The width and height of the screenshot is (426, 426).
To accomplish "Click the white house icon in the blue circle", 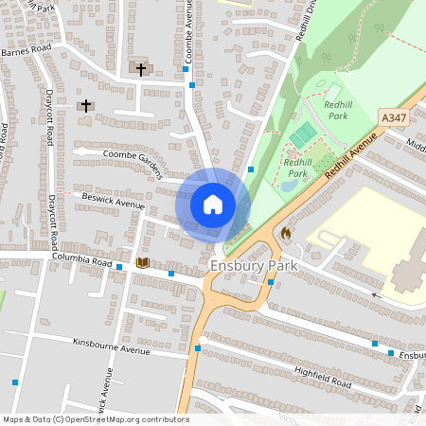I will pyautogui.click(x=213, y=204).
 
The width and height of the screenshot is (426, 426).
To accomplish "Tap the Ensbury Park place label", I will pyautogui.click(x=254, y=266).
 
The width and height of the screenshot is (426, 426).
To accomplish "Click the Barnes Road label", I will pyautogui.click(x=26, y=51).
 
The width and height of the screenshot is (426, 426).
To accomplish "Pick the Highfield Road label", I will pyautogui.click(x=322, y=379).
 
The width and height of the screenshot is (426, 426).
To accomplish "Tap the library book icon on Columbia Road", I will pyautogui.click(x=143, y=261).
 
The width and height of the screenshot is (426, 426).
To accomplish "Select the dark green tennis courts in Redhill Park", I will pyautogui.click(x=302, y=135).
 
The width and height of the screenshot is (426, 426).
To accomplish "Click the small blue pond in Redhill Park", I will pyautogui.click(x=288, y=186).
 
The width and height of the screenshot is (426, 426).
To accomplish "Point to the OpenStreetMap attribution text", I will pyautogui.click(x=96, y=419).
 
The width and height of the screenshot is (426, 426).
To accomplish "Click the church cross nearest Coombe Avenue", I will pyautogui.click(x=141, y=69).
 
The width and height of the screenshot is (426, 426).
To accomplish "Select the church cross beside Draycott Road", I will pyautogui.click(x=86, y=105).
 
